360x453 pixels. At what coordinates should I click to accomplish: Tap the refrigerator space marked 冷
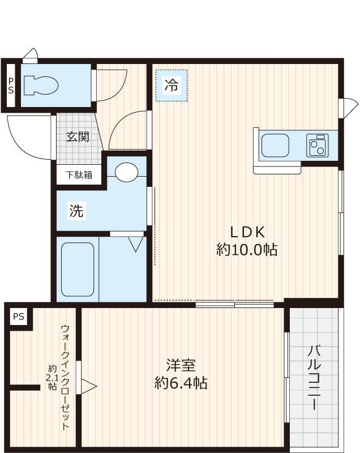click(x=171, y=86)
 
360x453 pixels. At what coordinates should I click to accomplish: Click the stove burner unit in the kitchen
click(x=318, y=145)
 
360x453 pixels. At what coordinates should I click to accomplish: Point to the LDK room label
click(x=247, y=232)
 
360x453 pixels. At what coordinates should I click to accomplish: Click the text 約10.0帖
click(x=247, y=249)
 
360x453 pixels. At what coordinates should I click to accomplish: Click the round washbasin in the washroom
click(x=126, y=172)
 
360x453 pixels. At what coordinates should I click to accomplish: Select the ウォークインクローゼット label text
click(x=65, y=377)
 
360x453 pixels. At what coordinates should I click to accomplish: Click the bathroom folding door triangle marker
click(x=136, y=244)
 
